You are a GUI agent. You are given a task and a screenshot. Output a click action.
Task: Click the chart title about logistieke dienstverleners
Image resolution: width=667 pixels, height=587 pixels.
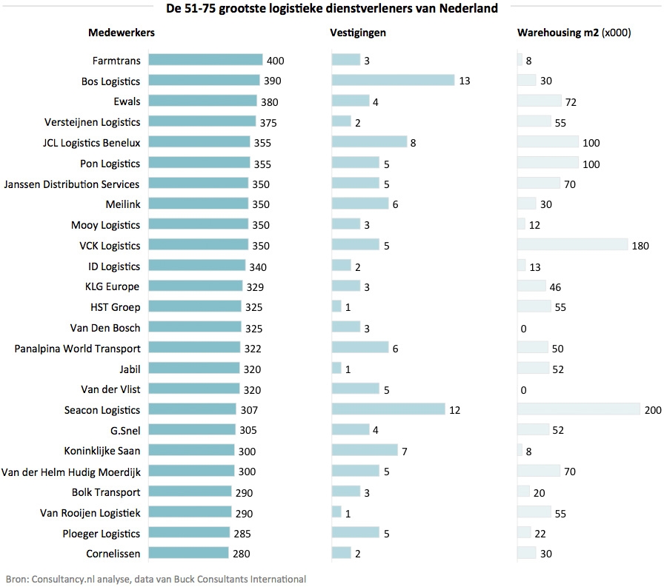click(333, 9)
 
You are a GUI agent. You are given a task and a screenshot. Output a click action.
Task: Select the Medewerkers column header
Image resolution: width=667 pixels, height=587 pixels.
click(122, 33)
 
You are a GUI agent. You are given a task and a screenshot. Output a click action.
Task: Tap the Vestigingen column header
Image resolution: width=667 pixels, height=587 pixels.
click(358, 33)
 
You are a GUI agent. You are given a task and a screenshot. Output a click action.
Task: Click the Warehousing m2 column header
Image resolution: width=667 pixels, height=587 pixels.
click(574, 33)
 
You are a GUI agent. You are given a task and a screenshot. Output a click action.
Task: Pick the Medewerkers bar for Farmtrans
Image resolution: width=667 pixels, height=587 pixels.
click(205, 60)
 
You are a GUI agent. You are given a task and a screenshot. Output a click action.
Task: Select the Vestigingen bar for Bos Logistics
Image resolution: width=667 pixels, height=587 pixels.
click(393, 81)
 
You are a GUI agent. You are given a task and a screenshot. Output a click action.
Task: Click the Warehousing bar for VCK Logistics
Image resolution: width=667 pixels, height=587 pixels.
click(572, 245)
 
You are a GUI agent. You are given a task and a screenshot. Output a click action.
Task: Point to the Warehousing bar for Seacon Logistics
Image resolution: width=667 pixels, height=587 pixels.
click(579, 409)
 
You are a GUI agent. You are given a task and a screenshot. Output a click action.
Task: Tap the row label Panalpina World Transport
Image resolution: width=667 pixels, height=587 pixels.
click(78, 348)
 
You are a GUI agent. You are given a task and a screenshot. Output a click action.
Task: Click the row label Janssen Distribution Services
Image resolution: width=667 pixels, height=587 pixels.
click(72, 184)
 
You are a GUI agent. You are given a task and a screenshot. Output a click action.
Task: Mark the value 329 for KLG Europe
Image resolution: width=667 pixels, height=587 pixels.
click(255, 286)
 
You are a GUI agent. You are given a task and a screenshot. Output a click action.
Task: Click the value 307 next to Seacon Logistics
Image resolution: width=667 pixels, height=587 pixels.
click(248, 409)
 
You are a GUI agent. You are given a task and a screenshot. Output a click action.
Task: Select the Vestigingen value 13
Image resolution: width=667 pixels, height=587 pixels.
click(465, 81)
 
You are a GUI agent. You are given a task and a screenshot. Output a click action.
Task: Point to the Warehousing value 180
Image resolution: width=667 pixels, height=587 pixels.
click(640, 245)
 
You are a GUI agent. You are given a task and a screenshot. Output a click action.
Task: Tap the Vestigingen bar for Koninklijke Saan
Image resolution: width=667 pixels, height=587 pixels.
click(365, 450)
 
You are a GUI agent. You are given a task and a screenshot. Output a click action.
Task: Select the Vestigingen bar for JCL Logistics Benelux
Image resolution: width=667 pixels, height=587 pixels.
click(369, 142)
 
